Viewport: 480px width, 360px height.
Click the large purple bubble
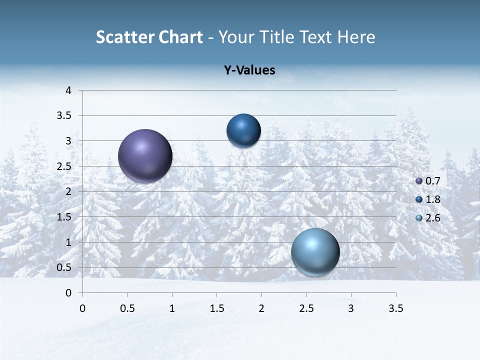pos(145,156)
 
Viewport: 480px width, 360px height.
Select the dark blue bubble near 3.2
pos(243,130)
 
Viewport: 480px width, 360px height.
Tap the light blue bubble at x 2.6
pos(315,252)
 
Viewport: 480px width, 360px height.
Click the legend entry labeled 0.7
pos(428,181)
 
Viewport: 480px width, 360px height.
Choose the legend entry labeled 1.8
pos(428,199)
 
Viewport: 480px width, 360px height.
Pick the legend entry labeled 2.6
pos(428,218)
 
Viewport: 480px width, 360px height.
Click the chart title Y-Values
pos(249,70)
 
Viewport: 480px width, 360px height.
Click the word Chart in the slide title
pos(180,37)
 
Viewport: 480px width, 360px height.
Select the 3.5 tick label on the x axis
pos(396,308)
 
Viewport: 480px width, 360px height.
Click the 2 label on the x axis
pos(261,308)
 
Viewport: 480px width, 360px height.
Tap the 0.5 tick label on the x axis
pos(127,308)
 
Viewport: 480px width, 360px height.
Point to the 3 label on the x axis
pos(351,308)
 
